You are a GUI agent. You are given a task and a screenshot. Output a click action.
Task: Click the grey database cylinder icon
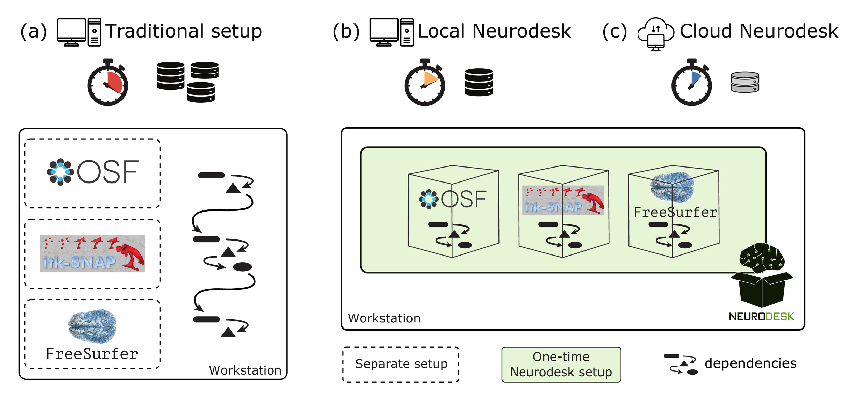tap(745, 82)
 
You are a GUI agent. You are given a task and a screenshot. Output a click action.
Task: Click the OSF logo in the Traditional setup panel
tap(92, 172)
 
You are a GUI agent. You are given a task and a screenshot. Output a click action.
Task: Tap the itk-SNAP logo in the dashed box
tap(92, 253)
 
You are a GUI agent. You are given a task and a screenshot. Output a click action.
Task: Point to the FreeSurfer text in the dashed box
tap(92, 354)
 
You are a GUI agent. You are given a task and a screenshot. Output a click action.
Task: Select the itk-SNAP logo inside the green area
tap(563, 200)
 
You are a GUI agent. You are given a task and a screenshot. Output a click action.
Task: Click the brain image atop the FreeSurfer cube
tap(672, 186)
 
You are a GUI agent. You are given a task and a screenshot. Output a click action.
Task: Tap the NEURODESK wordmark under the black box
tap(762, 317)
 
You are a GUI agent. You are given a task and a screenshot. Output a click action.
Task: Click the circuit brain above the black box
tap(762, 258)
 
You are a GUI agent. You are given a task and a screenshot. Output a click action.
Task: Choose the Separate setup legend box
tap(401, 364)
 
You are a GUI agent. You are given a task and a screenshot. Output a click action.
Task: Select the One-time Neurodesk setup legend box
tap(561, 364)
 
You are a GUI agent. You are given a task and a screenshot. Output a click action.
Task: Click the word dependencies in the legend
tap(750, 363)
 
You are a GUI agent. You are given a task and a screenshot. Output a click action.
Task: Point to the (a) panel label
tap(33, 31)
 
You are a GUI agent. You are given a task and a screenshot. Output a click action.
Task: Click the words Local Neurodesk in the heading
tap(494, 31)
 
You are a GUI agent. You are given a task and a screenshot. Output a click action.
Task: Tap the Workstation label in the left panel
tap(245, 370)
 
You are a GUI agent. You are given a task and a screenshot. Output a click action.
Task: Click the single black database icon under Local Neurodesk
tap(479, 82)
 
